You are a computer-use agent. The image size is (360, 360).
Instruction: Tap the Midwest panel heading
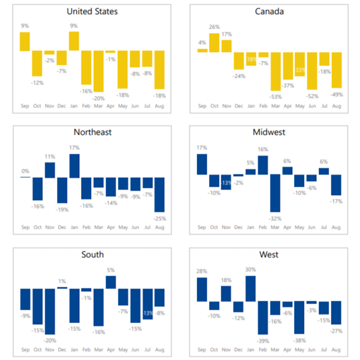tap(269, 132)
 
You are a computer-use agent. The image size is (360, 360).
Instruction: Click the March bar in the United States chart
tap(98, 71)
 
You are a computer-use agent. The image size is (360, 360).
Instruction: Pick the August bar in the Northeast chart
tap(160, 194)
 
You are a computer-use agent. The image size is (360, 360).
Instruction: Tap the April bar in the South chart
tap(111, 282)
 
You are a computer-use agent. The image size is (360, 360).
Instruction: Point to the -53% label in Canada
tap(276, 96)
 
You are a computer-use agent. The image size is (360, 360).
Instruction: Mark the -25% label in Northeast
tap(160, 218)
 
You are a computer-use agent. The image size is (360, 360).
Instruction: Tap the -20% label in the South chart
tap(49, 340)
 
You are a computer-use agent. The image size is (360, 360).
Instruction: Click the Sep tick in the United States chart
tap(25, 107)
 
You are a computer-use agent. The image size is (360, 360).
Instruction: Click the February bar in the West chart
tap(263, 317)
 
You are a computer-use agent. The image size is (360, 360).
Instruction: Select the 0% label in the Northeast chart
tap(25, 171)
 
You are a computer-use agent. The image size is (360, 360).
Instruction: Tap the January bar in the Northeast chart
tap(74, 166)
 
